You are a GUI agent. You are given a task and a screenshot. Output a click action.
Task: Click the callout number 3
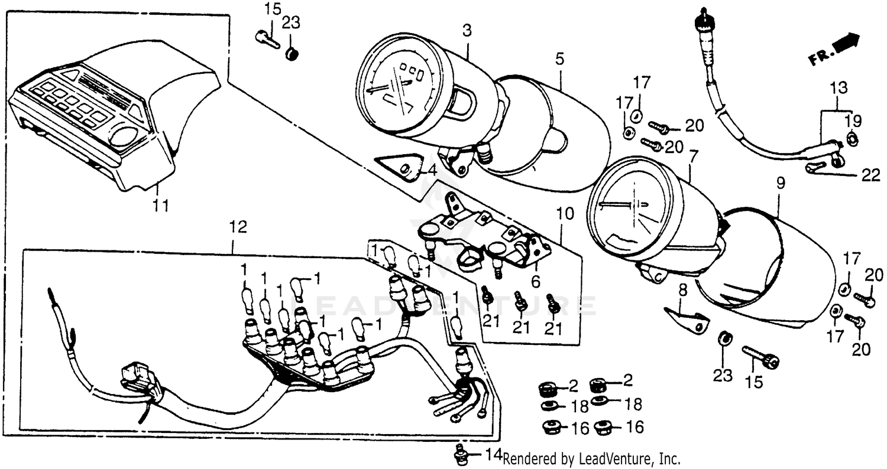point(467,31)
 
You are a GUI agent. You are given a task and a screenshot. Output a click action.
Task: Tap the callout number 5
point(559,58)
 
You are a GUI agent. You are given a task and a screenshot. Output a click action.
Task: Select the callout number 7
point(693,157)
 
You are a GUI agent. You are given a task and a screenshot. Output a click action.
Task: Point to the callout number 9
point(781,184)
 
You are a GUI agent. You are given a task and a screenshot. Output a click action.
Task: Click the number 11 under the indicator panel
point(160,206)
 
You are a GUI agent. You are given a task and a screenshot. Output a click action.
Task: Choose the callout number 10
point(565,214)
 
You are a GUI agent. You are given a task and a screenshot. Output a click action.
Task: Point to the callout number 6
point(535,282)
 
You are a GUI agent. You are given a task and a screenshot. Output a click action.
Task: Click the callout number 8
point(683,290)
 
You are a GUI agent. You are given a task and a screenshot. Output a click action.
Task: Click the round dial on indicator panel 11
point(122,137)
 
